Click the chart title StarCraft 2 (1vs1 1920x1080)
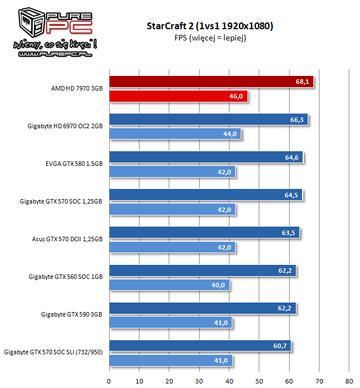pos(210,26)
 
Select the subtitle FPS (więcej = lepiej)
pos(210,38)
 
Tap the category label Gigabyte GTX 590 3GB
pos(71,315)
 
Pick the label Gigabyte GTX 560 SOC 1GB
pos(65,277)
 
